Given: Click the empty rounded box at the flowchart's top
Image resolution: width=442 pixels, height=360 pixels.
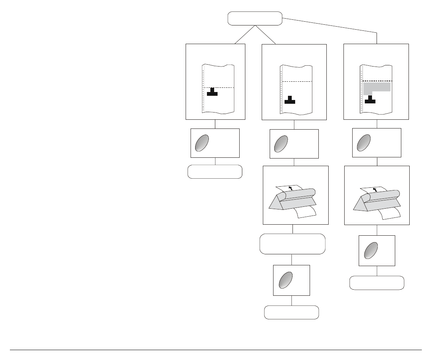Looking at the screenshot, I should click(255, 18).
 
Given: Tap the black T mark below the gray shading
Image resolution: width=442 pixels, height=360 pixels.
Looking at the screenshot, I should click(370, 100).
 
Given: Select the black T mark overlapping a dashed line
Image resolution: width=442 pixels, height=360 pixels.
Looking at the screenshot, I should click(212, 92).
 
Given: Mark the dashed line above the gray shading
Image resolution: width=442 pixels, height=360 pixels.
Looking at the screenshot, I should click(377, 81).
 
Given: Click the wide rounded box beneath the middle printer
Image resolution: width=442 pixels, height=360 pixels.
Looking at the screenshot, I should click(293, 244).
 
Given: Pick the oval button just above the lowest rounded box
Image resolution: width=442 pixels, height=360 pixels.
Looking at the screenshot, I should click(286, 280).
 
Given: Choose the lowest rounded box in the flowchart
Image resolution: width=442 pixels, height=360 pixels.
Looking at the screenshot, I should click(291, 312).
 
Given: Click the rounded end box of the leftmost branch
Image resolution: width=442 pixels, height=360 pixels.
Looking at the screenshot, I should click(215, 172).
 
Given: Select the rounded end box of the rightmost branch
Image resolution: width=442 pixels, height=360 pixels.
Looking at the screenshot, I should click(377, 283).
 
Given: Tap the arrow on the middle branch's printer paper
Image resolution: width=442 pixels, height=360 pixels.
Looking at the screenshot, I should click(291, 188).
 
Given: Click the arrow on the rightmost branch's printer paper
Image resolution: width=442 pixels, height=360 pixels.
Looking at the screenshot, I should click(375, 189).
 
